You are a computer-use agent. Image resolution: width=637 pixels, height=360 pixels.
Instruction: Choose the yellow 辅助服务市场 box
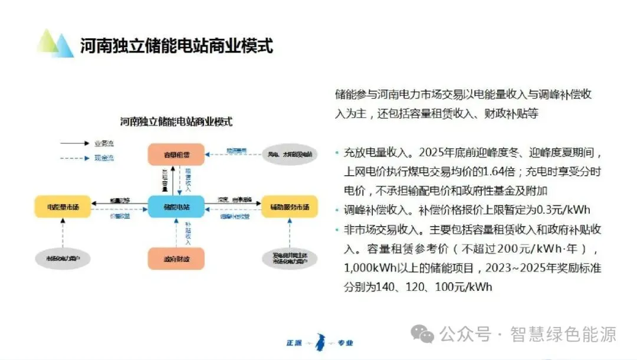[x=290, y=206]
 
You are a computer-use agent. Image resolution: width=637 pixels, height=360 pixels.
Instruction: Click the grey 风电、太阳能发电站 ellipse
[x=290, y=154]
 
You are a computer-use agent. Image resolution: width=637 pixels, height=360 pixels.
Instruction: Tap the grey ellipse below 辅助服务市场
[x=290, y=258]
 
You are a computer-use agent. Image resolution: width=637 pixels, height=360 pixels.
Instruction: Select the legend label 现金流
[x=104, y=158]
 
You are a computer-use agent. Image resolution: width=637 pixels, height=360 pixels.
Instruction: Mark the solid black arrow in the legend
[x=73, y=143]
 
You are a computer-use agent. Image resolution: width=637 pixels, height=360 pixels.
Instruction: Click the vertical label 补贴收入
[x=188, y=234]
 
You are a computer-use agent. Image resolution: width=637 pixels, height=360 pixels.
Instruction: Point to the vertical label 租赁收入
[x=188, y=179]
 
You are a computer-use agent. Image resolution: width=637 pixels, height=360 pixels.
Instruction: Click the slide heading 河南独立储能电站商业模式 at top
[x=177, y=45]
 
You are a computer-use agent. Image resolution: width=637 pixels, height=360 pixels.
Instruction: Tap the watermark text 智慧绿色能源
[x=564, y=335]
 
